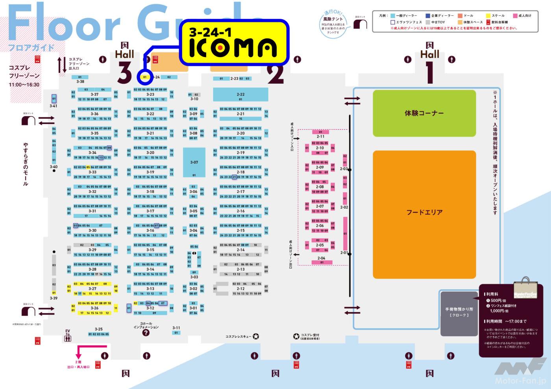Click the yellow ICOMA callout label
[234, 42]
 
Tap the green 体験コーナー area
[424, 113]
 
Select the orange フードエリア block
[424, 212]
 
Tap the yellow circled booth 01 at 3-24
[145, 77]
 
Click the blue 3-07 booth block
[194, 162]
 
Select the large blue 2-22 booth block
[240, 94]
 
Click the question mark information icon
[146, 333]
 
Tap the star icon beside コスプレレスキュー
[256, 336]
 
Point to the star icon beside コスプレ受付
[296, 336]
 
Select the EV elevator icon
[67, 335]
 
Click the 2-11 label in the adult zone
[321, 136]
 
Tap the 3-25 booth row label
[98, 329]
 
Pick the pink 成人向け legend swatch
[515, 16]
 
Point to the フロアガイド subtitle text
[31, 48]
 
